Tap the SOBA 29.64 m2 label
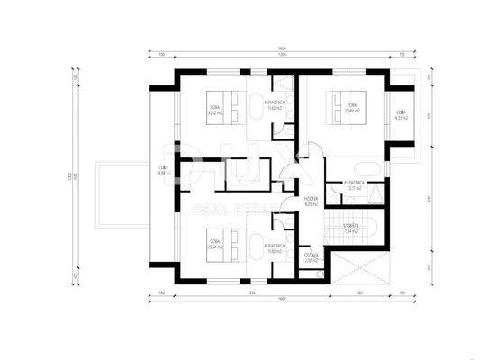[214, 242]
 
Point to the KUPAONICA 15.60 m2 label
[276, 104]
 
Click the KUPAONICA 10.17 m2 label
[353, 185]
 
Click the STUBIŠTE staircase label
[352, 227]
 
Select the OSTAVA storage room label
[311, 256]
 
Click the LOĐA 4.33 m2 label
[401, 114]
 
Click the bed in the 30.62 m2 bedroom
[232, 107]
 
